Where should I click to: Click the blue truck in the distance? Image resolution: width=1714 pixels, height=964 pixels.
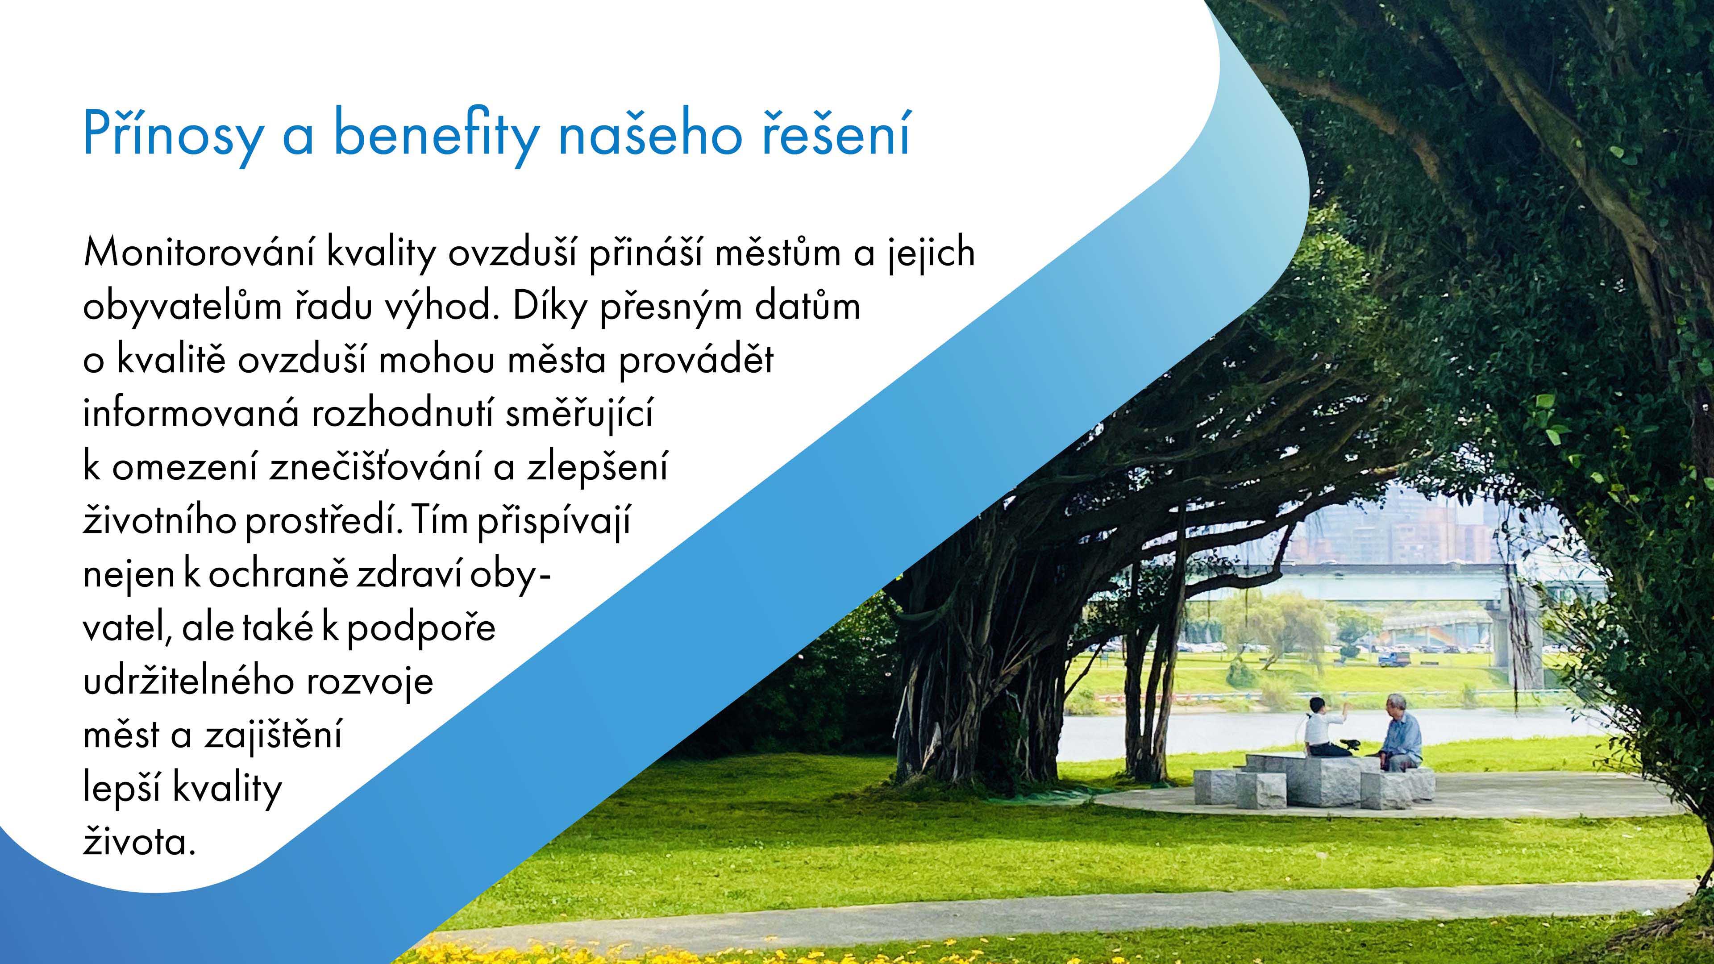pos(1393,659)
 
